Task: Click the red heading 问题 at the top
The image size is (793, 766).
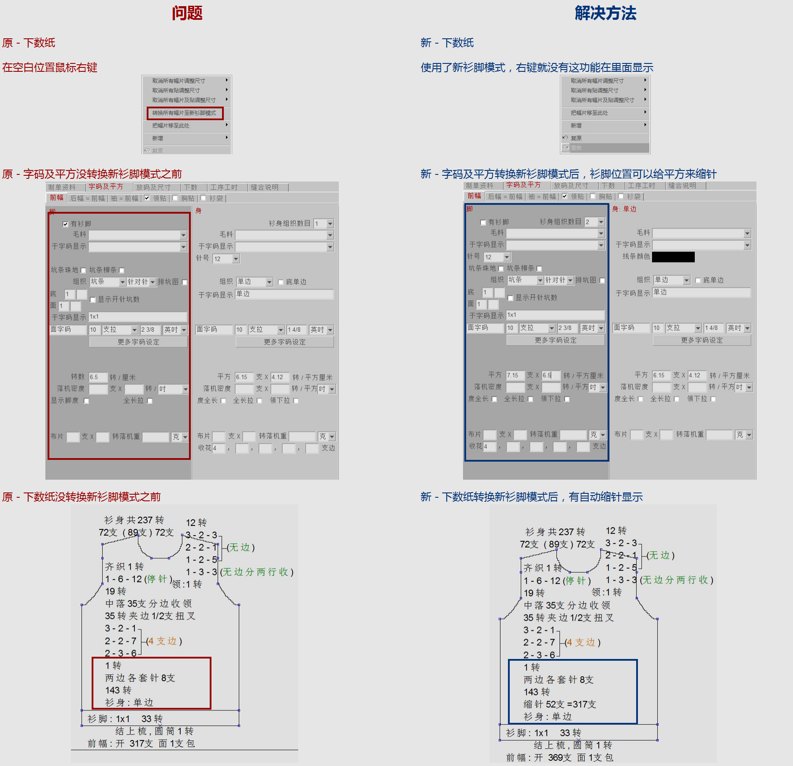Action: [x=187, y=13]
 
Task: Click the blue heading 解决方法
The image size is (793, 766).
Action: [x=605, y=13]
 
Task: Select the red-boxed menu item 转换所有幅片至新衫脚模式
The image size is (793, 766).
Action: [x=185, y=113]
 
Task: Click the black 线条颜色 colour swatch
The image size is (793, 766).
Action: [x=673, y=257]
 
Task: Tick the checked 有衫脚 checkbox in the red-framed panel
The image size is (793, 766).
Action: [x=66, y=224]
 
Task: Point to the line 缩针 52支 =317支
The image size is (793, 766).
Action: [x=560, y=704]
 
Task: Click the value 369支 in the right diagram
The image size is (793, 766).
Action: [x=560, y=758]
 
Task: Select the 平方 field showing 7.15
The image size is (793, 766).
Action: [x=515, y=375]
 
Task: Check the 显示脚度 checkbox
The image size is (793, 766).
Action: [x=86, y=401]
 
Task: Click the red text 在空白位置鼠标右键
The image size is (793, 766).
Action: [x=49, y=67]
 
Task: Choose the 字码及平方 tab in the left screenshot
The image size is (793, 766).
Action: [x=106, y=187]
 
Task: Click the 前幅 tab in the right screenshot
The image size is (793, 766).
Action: [x=474, y=196]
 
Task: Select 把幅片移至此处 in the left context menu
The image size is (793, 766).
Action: [x=171, y=126]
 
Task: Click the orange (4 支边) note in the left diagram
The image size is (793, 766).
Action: [x=164, y=641]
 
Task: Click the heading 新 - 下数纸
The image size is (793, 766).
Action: [x=447, y=43]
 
